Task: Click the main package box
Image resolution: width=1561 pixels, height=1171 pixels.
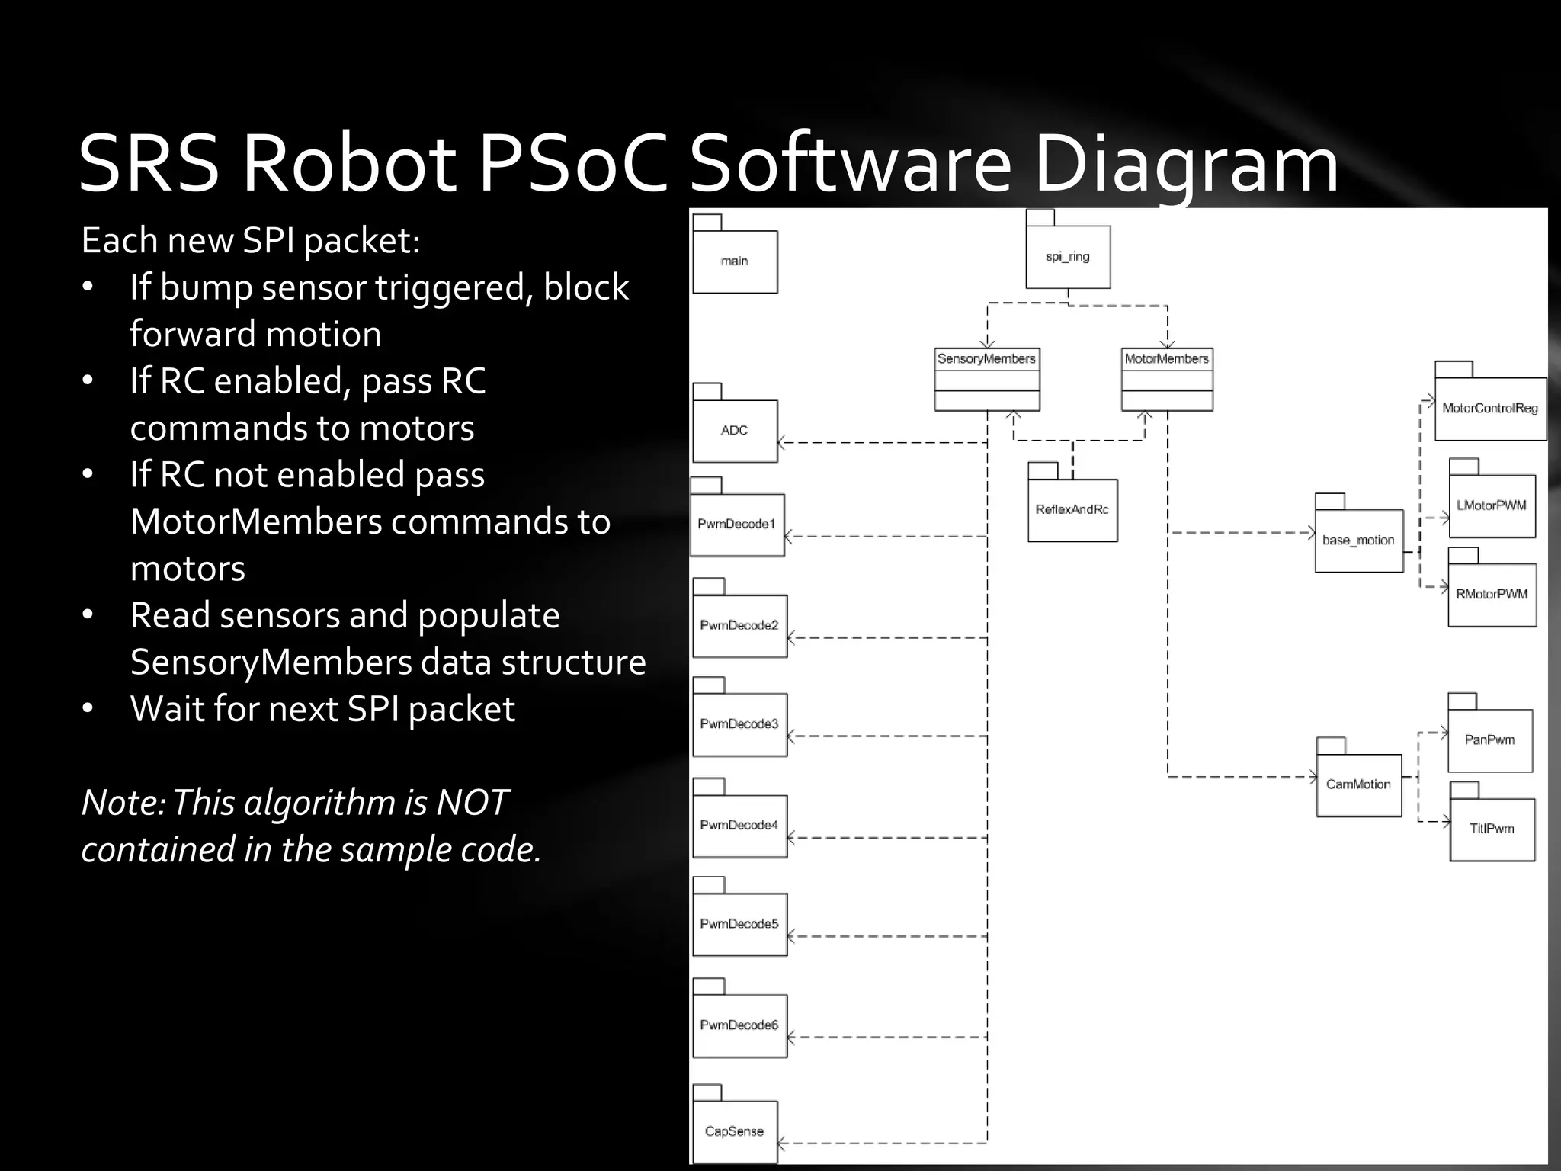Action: (735, 261)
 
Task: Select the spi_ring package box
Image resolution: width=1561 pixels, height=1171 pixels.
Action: (1068, 257)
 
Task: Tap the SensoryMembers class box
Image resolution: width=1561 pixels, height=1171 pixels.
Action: (986, 379)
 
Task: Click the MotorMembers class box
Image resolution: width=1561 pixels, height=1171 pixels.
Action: (1167, 379)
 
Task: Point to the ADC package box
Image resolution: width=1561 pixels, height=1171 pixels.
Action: (735, 431)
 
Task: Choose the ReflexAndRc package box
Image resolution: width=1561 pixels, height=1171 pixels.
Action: (1072, 509)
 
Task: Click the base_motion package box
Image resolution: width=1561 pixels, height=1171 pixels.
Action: (1358, 541)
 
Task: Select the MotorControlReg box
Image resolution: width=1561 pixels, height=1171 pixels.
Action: (1490, 409)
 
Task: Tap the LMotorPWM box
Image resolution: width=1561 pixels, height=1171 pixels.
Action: (1492, 505)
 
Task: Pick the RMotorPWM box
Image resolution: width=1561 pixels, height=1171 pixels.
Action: (1492, 595)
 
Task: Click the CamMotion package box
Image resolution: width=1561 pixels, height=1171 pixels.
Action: (1358, 784)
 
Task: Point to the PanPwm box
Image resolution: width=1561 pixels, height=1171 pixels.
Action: (1489, 740)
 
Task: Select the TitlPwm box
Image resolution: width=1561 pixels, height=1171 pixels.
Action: (1492, 829)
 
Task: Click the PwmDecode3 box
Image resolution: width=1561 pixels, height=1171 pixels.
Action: (739, 724)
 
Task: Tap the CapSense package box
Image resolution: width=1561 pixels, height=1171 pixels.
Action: (735, 1131)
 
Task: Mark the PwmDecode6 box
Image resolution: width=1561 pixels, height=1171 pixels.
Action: (739, 1025)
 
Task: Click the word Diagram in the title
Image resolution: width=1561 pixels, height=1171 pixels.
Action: (1185, 164)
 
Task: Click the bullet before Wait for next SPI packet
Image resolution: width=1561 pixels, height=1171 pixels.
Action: (88, 709)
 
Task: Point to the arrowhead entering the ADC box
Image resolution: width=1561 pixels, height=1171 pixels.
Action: (781, 442)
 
